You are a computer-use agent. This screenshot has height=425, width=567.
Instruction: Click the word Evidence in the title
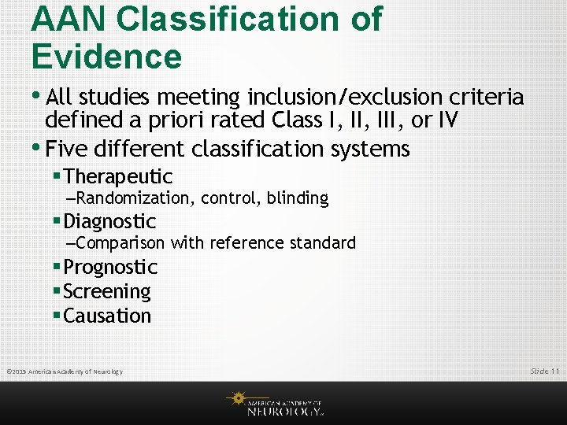[x=106, y=57]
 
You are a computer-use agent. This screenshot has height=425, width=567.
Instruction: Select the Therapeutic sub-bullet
[x=117, y=176]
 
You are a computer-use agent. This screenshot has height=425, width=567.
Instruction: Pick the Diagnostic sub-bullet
[x=109, y=221]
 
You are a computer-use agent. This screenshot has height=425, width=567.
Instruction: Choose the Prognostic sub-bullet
[x=110, y=267]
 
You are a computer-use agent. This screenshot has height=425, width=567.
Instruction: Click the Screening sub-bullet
[x=106, y=291]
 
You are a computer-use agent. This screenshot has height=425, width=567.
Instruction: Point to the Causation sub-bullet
[x=106, y=316]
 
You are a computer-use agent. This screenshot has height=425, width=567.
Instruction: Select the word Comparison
[x=121, y=243]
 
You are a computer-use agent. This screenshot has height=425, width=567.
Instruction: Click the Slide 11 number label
[x=544, y=371]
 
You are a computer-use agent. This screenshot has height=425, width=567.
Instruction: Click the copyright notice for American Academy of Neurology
[x=65, y=371]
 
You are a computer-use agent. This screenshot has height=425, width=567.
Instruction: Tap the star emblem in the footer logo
[x=235, y=398]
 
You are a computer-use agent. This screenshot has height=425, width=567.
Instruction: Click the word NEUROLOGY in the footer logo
[x=283, y=411]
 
